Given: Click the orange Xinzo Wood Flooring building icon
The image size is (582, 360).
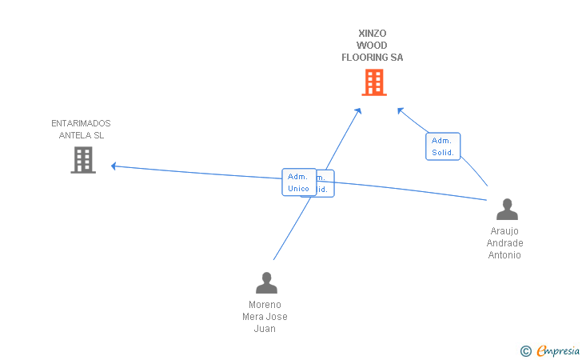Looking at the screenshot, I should [373, 82].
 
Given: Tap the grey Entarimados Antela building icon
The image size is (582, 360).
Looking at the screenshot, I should [82, 160].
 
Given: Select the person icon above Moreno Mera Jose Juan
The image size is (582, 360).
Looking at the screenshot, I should [265, 282].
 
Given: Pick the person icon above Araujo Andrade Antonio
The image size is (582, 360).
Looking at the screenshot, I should [507, 209].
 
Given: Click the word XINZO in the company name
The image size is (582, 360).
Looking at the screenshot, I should [373, 34].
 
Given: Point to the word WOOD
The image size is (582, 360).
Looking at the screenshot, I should [373, 46].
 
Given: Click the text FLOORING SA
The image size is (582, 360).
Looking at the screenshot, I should [373, 58].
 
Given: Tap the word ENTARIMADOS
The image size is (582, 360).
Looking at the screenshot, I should [81, 123].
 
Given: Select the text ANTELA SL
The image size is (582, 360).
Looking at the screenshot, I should [82, 135].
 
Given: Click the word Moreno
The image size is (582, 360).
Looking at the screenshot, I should [265, 305].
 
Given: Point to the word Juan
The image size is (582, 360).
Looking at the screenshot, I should [265, 329].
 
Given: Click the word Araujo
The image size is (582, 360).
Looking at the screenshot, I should [504, 231].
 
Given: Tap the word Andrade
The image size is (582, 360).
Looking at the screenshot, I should [504, 243].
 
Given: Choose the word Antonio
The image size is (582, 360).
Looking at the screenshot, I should [504, 255].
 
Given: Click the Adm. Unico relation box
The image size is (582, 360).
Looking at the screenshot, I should [298, 182].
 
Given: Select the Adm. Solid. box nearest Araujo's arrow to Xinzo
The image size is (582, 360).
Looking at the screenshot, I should [443, 146].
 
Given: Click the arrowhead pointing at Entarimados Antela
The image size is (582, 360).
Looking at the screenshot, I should [114, 166].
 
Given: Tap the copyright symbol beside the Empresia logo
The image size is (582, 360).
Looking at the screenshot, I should [525, 350].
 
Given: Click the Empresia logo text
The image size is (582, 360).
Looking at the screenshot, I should [557, 350].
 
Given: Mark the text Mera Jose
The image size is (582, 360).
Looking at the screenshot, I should [265, 317].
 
